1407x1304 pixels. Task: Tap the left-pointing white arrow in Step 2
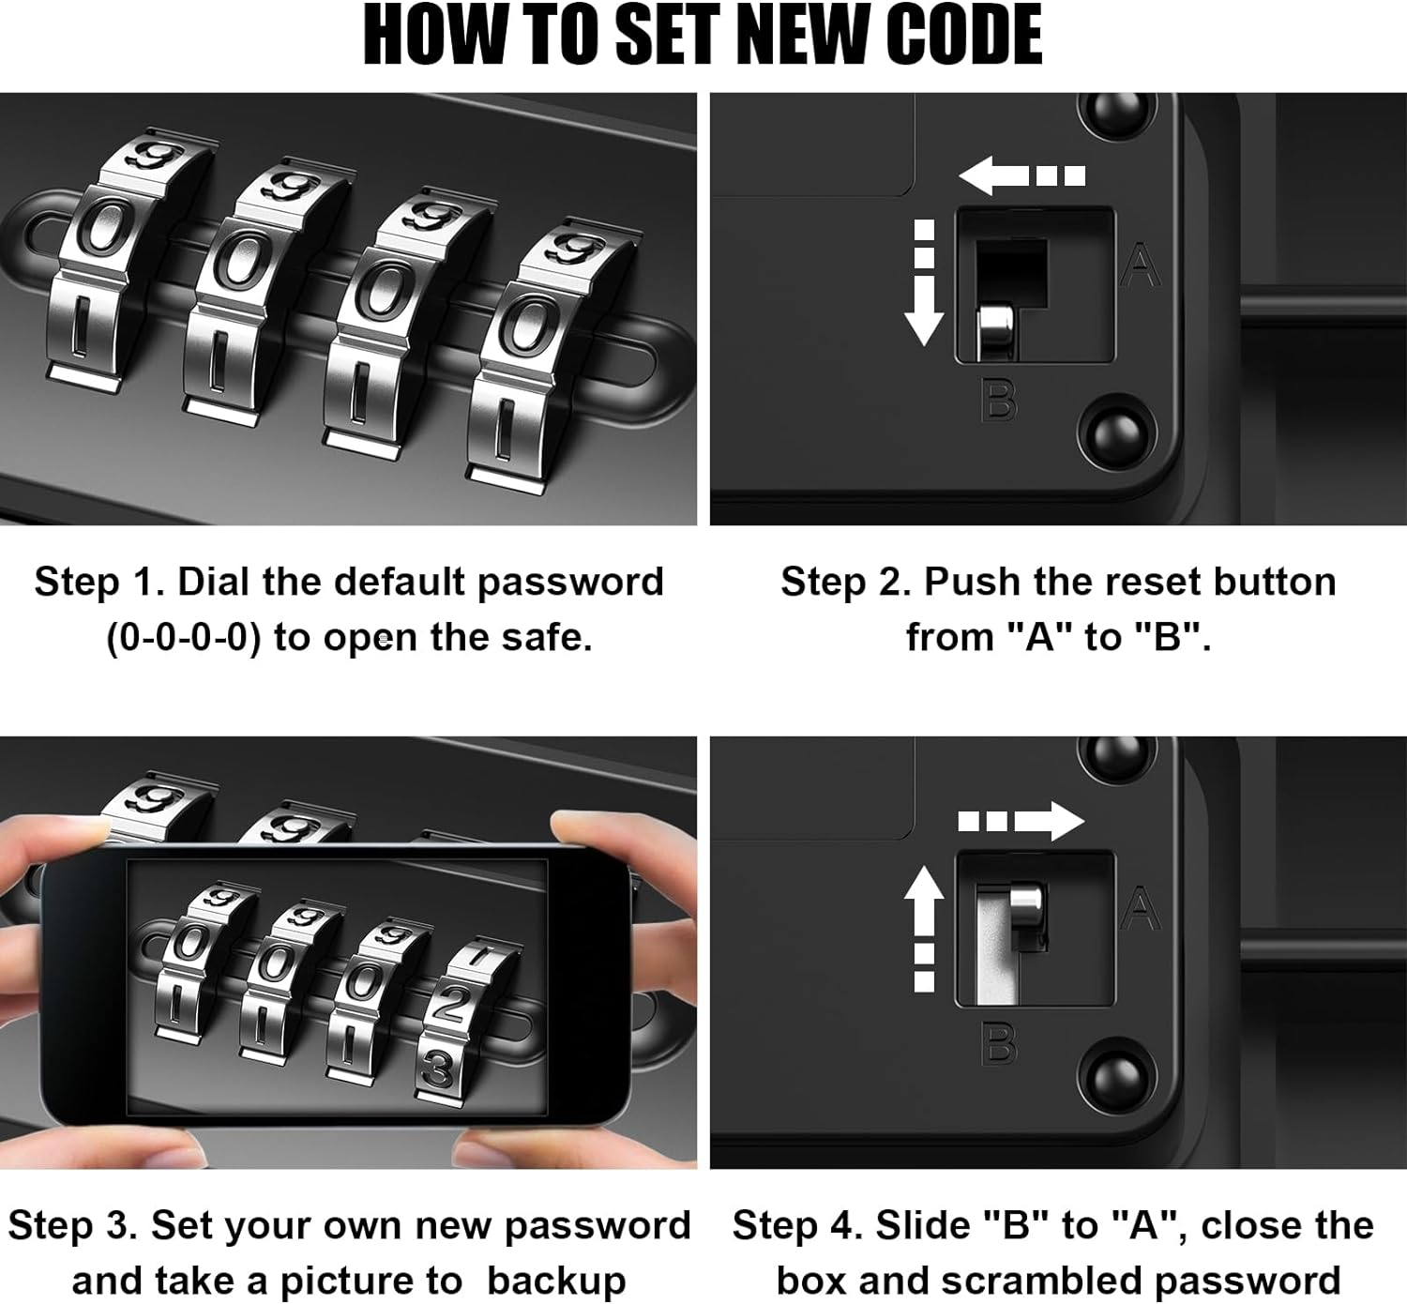pos(1021,175)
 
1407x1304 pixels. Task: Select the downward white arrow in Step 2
pos(924,282)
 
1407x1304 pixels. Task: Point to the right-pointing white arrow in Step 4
pos(1021,821)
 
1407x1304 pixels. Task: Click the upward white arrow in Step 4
pos(924,929)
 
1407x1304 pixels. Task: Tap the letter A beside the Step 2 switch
pos(1141,265)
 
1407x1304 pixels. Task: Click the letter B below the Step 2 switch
pos(999,400)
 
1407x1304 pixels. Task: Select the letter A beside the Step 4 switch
pos(1141,908)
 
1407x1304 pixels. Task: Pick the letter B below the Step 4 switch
pos(999,1043)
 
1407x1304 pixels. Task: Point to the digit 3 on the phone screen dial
pos(439,1068)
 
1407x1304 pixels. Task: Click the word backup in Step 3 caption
pos(557,1281)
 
